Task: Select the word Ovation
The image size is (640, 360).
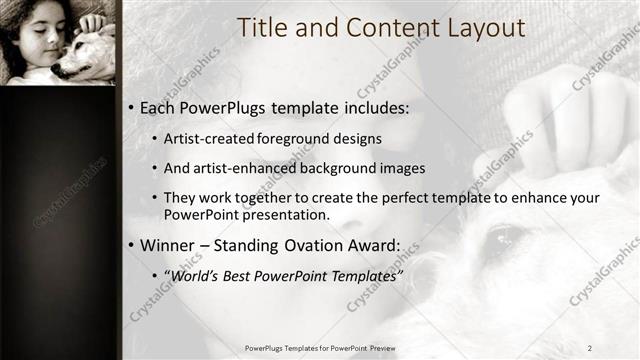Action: pyautogui.click(x=322, y=245)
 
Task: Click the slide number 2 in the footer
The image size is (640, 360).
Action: pyautogui.click(x=590, y=348)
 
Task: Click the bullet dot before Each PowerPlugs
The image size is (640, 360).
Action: pyautogui.click(x=131, y=108)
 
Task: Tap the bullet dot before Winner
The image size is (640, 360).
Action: pyautogui.click(x=131, y=245)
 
